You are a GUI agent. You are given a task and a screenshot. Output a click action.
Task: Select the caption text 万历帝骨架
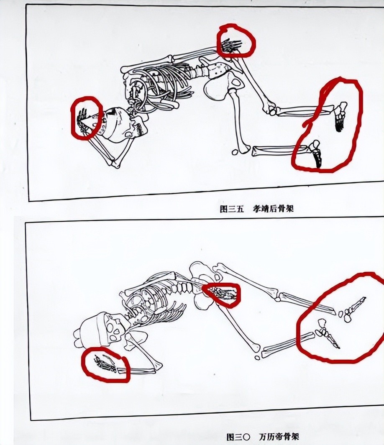pos(279,436)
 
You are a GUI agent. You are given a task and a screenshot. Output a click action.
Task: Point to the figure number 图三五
pos(232,209)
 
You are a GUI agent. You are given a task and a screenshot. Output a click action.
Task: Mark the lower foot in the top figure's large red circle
pos(315,153)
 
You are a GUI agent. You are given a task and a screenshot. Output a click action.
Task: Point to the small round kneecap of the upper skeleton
pos(235,153)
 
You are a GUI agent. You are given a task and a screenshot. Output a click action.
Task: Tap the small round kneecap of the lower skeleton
pos(257,358)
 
